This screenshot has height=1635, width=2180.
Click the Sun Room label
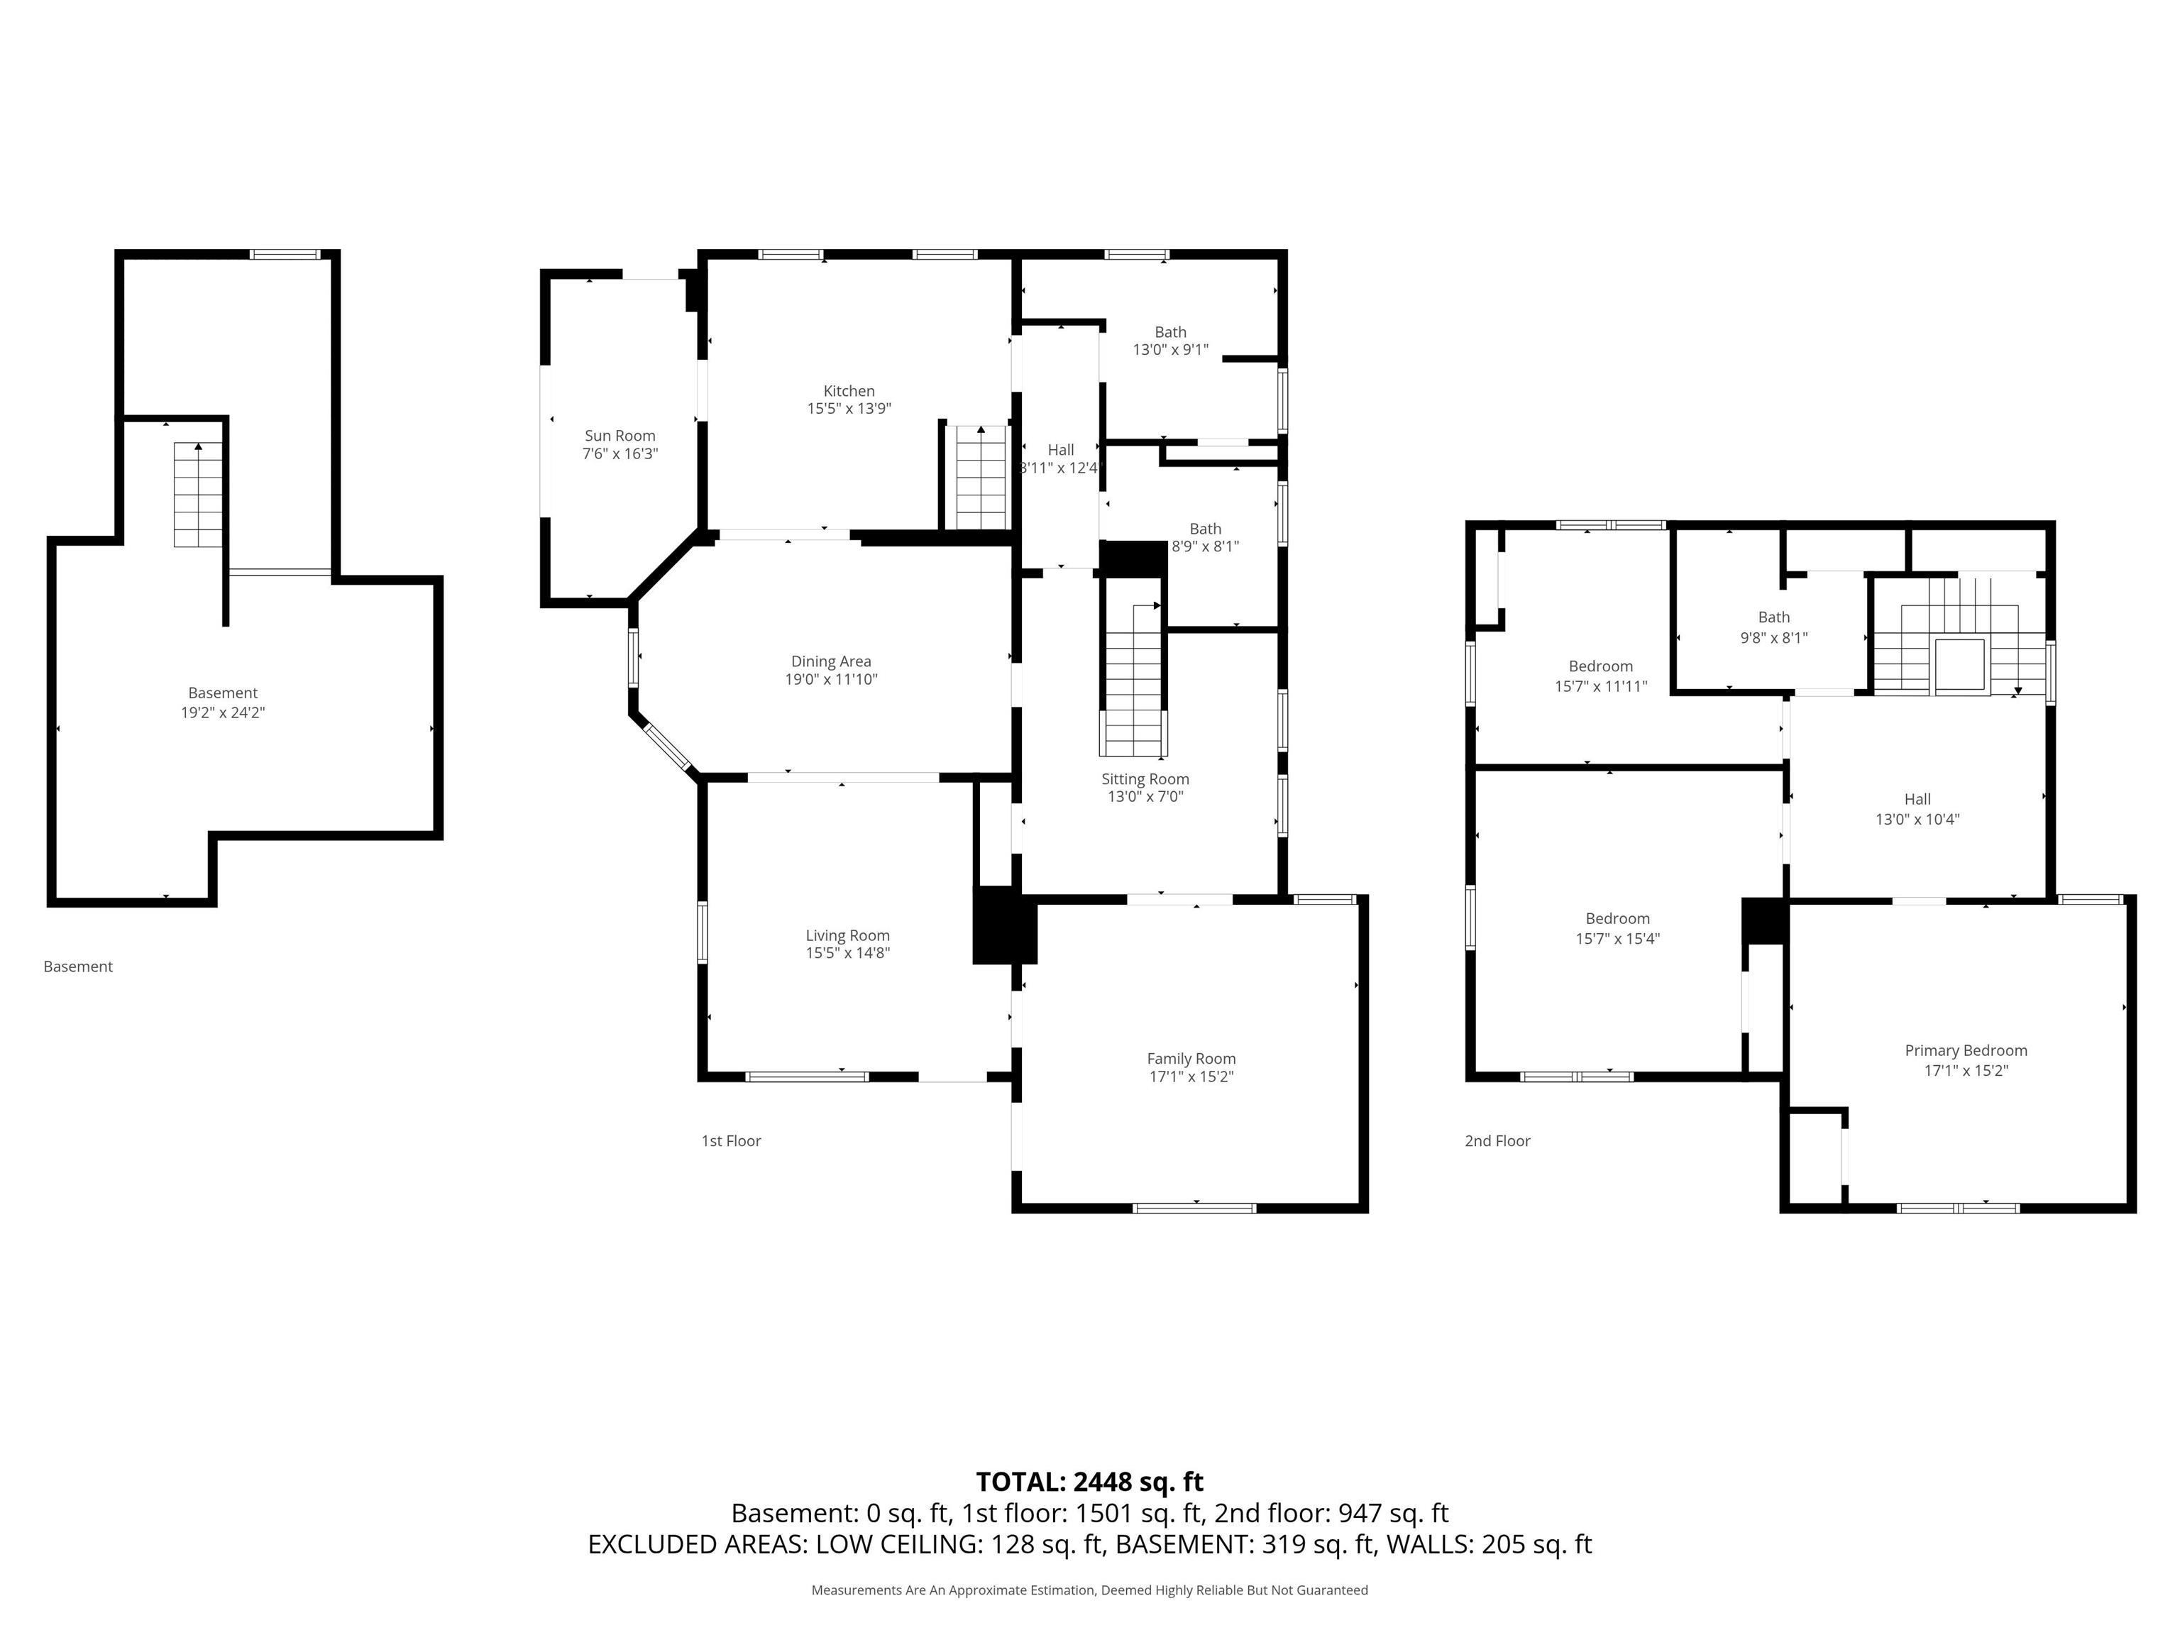[x=620, y=436]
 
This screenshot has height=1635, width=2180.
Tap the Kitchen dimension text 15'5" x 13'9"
[x=849, y=409]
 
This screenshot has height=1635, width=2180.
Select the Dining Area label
[x=831, y=661]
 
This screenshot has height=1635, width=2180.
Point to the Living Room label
[x=847, y=935]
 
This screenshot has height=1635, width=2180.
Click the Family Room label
[x=1191, y=1059]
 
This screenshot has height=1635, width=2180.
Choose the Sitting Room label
[x=1145, y=778]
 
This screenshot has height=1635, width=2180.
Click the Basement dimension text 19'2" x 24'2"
[x=223, y=712]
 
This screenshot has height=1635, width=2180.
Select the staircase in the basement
[x=199, y=495]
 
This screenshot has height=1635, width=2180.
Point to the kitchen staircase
[x=981, y=478]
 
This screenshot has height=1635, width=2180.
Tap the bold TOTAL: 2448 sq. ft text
[x=1089, y=1482]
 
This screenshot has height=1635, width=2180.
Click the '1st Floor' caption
[x=731, y=1141]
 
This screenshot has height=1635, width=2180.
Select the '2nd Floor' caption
[x=1497, y=1141]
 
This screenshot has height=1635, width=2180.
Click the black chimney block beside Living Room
[x=1004, y=925]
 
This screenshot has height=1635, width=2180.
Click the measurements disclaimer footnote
[x=1089, y=1590]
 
